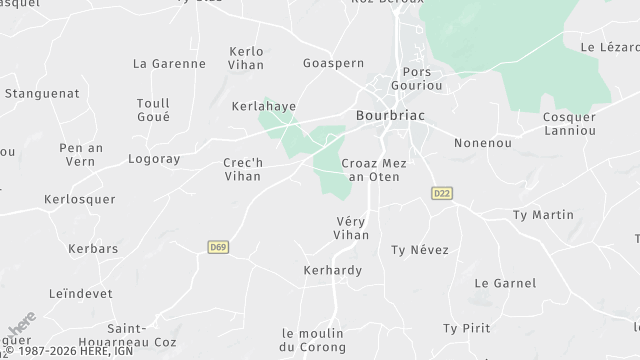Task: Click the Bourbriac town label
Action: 390,116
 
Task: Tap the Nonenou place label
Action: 482,143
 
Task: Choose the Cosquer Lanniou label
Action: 569,124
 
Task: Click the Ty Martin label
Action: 542,215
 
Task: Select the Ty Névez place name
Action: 420,249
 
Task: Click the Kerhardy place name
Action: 332,270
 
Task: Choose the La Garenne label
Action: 169,64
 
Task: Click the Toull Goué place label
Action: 153,109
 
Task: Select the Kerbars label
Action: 93,248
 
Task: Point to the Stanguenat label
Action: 41,93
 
